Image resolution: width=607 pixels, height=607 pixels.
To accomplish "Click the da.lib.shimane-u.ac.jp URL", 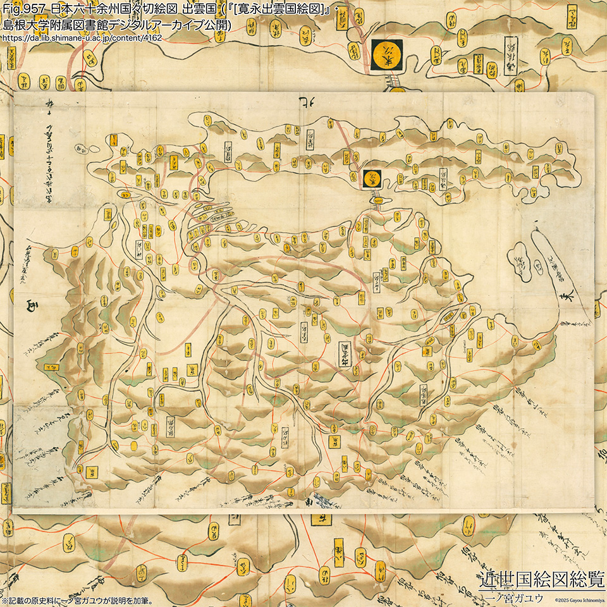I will pos(82,39).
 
